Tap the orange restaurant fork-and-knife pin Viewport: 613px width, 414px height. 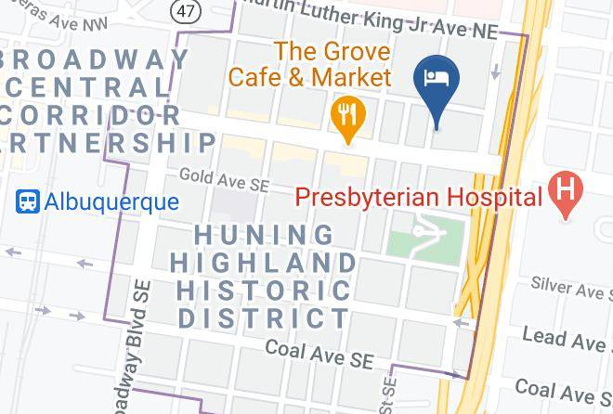pos(348,116)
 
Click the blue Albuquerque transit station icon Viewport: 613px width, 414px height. pos(28,201)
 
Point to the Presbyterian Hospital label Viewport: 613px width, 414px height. pos(418,197)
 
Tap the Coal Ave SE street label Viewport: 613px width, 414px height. pos(319,351)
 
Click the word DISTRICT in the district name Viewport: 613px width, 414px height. pos(264,319)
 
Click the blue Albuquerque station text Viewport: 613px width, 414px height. pos(111,201)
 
